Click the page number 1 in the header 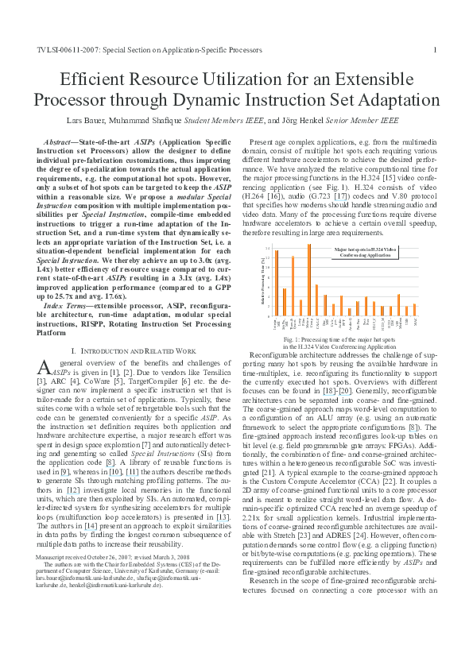434,49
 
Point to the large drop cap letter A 44,366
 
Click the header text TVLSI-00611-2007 66,49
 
